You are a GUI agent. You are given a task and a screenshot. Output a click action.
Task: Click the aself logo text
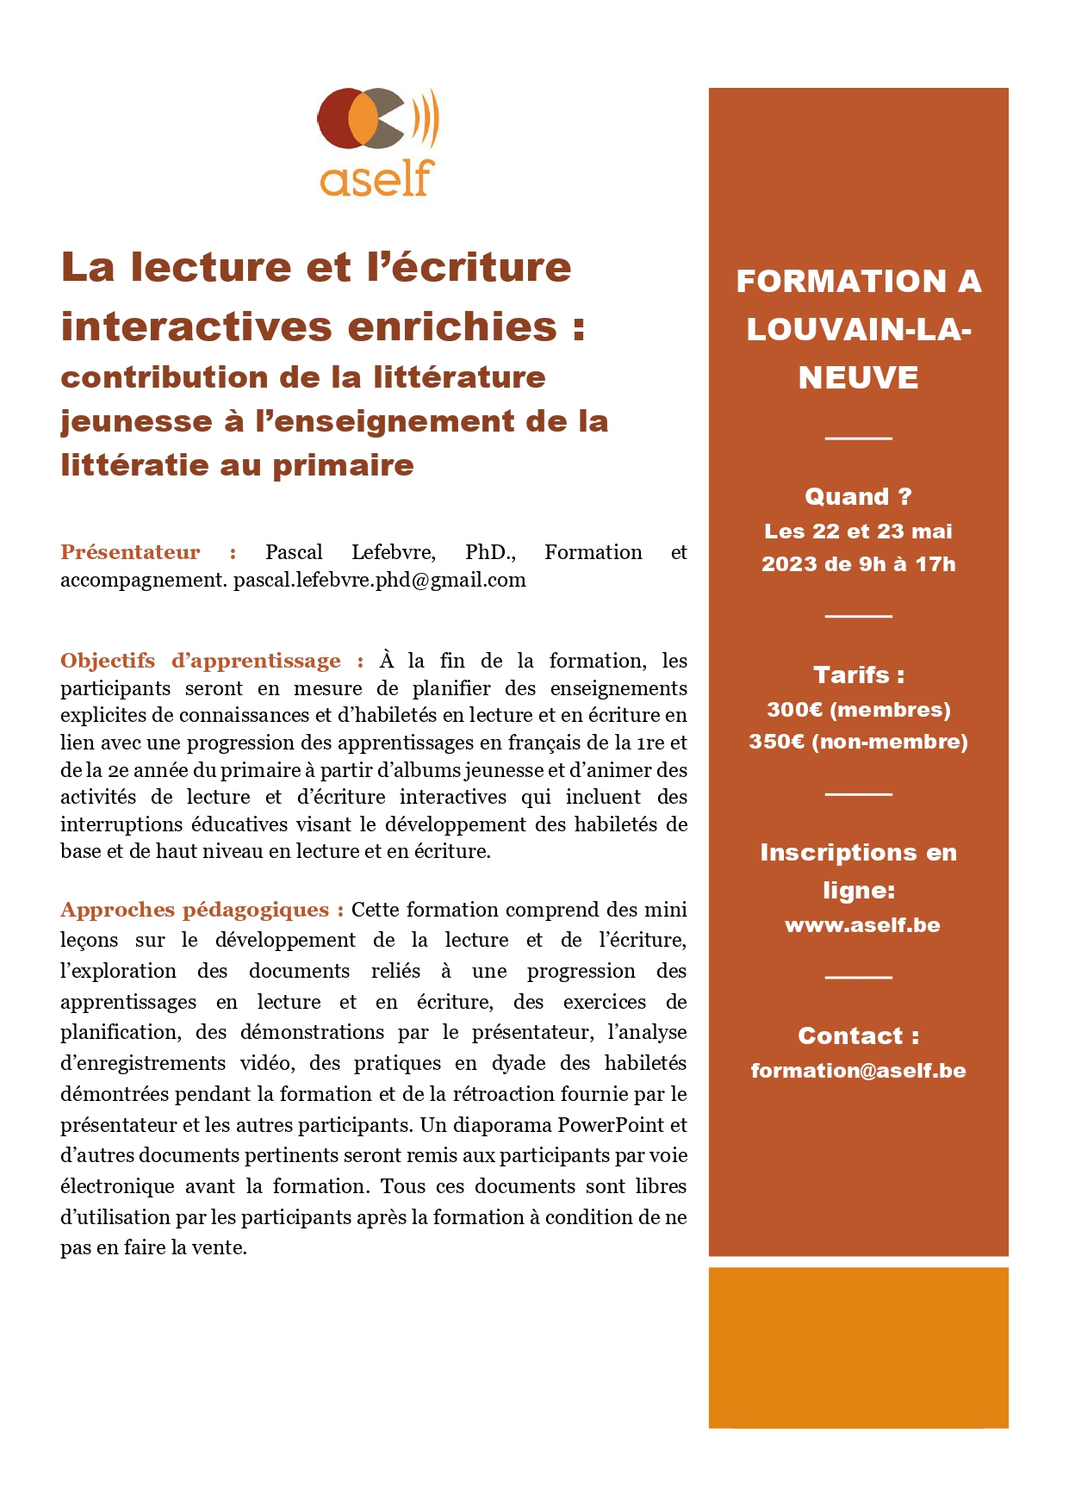(x=376, y=179)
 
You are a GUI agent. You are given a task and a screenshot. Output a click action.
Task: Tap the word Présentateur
(x=130, y=552)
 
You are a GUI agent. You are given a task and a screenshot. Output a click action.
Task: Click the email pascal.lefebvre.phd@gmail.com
(x=380, y=580)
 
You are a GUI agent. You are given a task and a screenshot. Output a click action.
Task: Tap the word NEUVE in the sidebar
(x=858, y=378)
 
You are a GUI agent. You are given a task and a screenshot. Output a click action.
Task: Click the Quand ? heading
(x=858, y=497)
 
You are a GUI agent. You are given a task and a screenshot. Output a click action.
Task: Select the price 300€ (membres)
(x=858, y=710)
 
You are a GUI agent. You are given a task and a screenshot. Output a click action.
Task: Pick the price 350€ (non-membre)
(x=858, y=742)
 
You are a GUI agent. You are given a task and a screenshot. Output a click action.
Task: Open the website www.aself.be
(x=862, y=925)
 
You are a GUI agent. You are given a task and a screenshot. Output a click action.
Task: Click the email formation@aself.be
(x=858, y=1071)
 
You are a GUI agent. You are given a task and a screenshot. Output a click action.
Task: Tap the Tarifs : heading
(x=858, y=675)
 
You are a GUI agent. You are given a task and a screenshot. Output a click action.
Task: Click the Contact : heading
(x=858, y=1035)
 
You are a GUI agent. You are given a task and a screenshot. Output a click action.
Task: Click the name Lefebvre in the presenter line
(x=393, y=552)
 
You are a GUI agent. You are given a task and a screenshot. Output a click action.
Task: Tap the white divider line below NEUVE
(x=858, y=438)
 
